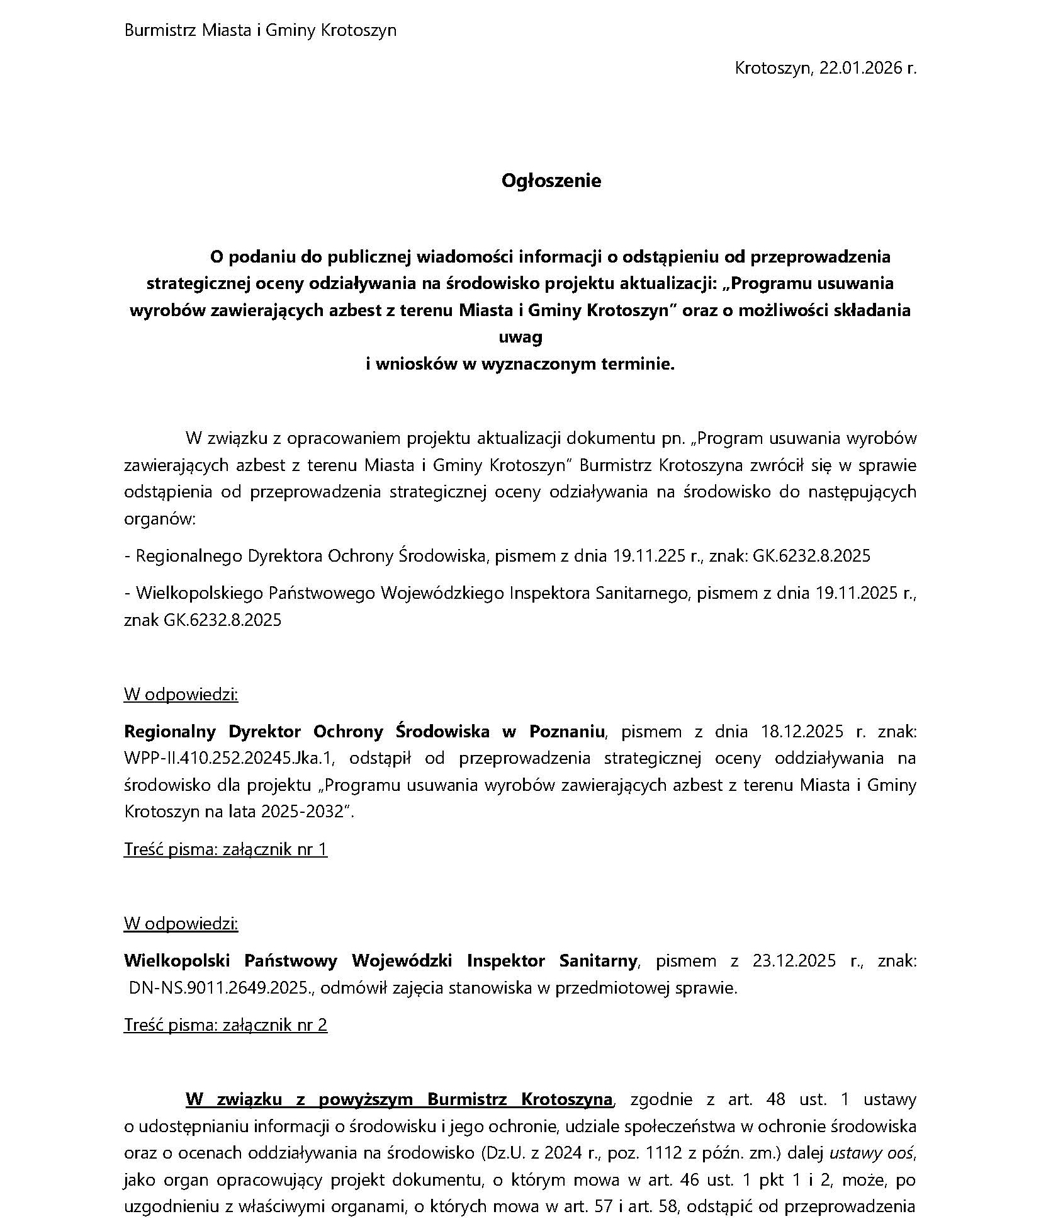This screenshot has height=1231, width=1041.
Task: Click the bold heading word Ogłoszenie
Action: [x=551, y=181]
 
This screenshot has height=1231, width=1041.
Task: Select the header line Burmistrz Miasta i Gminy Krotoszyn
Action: [x=261, y=30]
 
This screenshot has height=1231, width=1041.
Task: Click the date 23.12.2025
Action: [x=794, y=960]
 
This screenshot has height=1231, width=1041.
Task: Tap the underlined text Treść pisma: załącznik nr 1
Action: [x=225, y=849]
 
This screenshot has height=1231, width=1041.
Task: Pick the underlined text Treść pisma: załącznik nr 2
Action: [x=225, y=1024]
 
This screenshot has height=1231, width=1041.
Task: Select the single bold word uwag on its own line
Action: [x=520, y=337]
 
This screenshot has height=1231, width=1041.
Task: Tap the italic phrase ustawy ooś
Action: [x=872, y=1153]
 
